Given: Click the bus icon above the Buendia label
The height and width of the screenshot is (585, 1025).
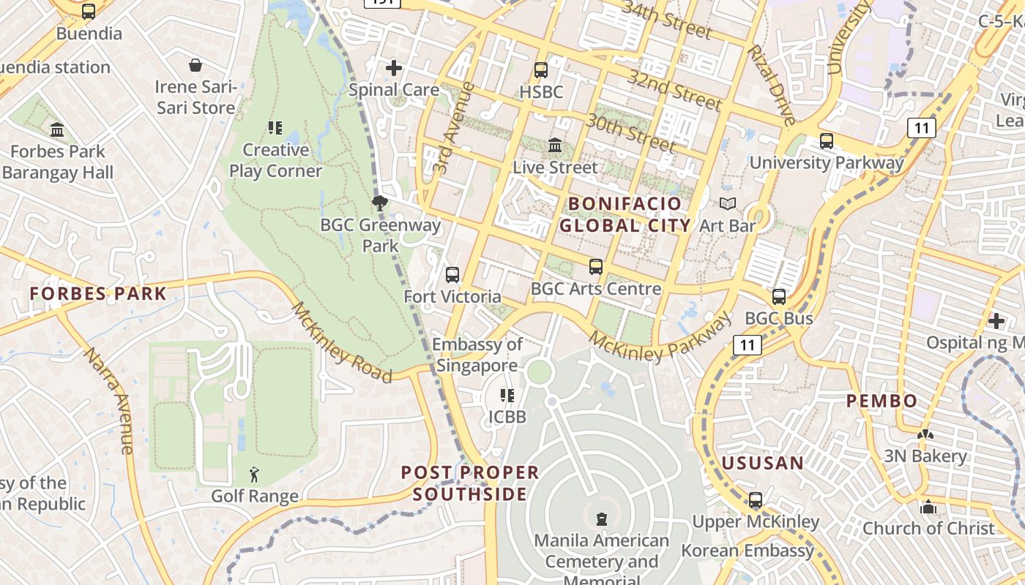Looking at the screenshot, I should pos(89,12).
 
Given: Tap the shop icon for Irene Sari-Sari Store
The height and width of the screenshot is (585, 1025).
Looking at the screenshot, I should pos(195,66).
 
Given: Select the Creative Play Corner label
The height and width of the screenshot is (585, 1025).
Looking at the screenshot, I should pos(276,160).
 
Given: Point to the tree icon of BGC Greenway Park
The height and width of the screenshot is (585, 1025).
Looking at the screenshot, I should pos(379,203).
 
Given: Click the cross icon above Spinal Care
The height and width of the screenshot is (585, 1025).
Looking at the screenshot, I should pos(394,69).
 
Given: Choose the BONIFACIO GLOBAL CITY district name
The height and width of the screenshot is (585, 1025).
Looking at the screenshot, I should pos(625,214).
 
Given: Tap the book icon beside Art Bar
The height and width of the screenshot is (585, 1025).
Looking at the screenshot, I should pos(727,204).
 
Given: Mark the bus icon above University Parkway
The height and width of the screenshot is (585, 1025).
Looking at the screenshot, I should pos(827,141).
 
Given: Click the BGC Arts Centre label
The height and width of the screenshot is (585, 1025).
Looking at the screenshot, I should pos(596,289).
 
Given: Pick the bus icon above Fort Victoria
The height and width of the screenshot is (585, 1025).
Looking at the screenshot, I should pos(452,275).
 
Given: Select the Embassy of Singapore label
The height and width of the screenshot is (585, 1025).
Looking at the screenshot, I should pos(477,355).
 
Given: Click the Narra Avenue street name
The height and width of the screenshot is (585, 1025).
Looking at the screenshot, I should pos(108,400).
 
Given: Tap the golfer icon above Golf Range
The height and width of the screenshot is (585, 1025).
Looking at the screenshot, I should pos(254,475).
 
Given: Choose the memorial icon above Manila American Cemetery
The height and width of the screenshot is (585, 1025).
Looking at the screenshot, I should pos(602,519).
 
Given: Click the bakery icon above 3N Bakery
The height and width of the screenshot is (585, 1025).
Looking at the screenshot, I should pos(925,434).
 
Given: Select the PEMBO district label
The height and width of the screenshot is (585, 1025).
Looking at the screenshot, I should pos(881,401).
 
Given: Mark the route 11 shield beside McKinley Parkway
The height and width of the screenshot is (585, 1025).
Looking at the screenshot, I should pos(748,344).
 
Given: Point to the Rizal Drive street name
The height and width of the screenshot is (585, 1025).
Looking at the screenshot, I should pos(770,85).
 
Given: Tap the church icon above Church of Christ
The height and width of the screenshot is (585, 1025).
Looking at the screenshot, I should pos(928,506).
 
